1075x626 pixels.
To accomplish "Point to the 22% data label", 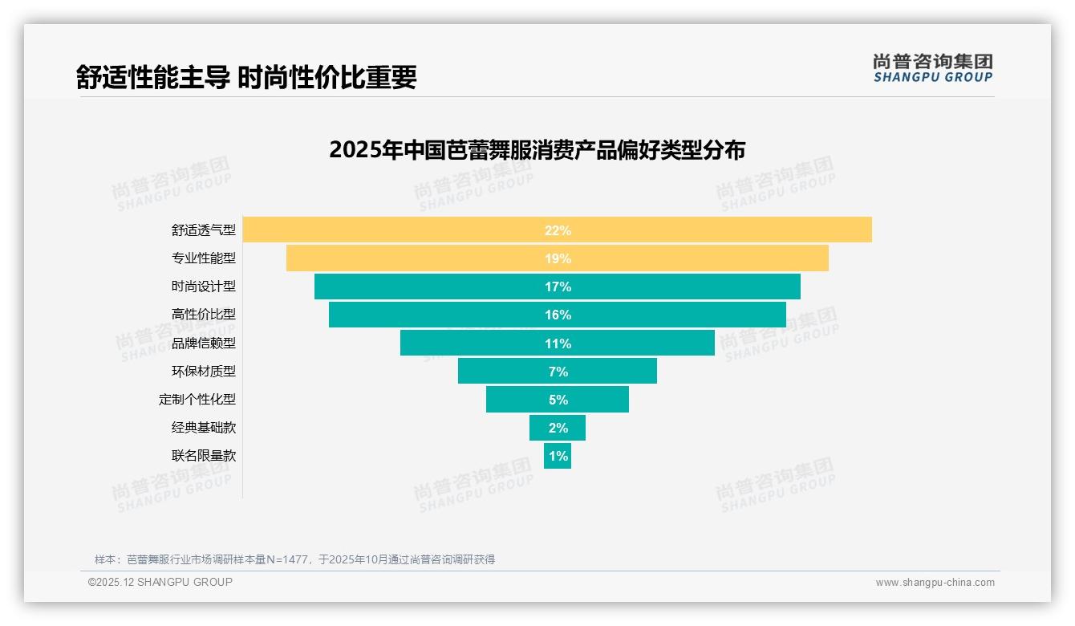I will pyautogui.click(x=558, y=230).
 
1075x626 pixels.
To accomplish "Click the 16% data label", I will pyautogui.click(x=558, y=315).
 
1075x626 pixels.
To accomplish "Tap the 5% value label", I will pyautogui.click(x=558, y=400).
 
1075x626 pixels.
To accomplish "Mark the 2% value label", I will pyautogui.click(x=558, y=428).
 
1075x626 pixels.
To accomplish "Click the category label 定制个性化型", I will pyautogui.click(x=197, y=399).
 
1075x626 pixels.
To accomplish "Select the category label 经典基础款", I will pyautogui.click(x=204, y=427).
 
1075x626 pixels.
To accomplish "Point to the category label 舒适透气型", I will pyautogui.click(x=204, y=230).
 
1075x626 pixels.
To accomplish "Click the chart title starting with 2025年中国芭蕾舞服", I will pyautogui.click(x=537, y=150).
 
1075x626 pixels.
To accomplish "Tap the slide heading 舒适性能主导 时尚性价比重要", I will pyautogui.click(x=246, y=77).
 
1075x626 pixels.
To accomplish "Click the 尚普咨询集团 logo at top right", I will pyautogui.click(x=933, y=67).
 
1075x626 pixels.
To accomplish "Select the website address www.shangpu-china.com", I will pyautogui.click(x=935, y=583).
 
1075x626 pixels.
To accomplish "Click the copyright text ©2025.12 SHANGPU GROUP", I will pyautogui.click(x=160, y=582).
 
